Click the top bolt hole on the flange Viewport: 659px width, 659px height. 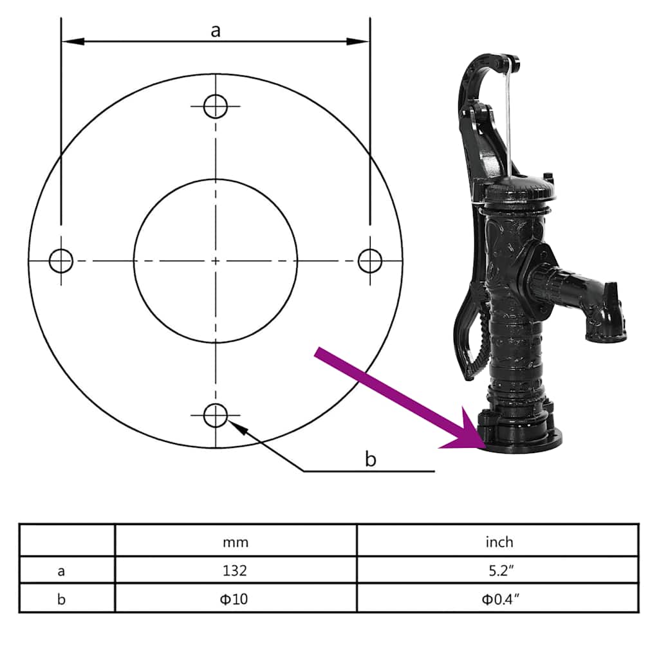coord(216,106)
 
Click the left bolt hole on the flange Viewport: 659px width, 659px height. coord(61,261)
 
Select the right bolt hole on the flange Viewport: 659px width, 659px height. coord(370,261)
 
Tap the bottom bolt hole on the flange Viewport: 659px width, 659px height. coord(216,416)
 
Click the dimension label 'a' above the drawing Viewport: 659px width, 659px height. coord(216,30)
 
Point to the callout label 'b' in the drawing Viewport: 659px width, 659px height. coord(370,459)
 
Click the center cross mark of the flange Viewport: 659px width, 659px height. coord(216,261)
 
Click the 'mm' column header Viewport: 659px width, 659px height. coord(236,542)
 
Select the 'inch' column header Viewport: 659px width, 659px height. coord(499,542)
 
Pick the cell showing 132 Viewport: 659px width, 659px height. coord(236,570)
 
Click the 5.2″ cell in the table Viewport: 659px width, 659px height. coord(499,570)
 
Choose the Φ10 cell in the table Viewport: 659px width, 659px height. coord(236,599)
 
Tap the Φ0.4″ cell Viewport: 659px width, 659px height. coord(499,599)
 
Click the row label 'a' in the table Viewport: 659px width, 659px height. coord(62,570)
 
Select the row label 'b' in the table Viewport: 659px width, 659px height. coord(62,599)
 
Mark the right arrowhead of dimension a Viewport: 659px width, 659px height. coord(359,42)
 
